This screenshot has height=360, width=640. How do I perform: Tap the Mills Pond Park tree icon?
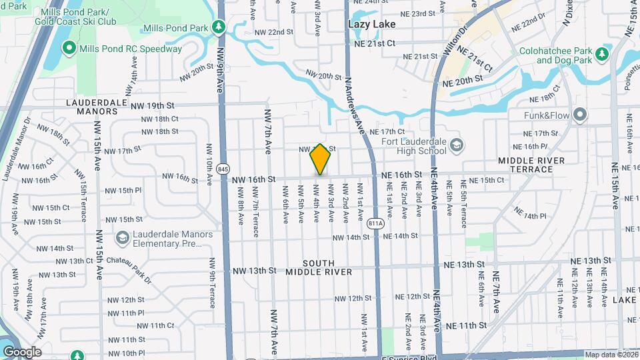pyautogui.click(x=217, y=27)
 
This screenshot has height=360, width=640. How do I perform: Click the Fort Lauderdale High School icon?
pyautogui.click(x=457, y=145)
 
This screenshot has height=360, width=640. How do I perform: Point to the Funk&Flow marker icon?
pyautogui.click(x=580, y=115)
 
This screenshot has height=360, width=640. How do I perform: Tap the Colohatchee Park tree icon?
pyautogui.click(x=602, y=53)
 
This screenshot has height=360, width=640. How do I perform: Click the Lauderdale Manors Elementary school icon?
pyautogui.click(x=122, y=238)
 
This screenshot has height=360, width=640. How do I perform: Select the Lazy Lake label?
pyautogui.click(x=372, y=24)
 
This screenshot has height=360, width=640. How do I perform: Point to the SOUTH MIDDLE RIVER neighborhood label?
pyautogui.click(x=319, y=267)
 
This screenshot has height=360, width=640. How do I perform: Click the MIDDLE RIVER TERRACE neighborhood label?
pyautogui.click(x=531, y=165)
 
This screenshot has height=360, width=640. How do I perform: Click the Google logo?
pyautogui.click(x=22, y=352)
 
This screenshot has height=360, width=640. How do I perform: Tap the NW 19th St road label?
pyautogui.click(x=152, y=105)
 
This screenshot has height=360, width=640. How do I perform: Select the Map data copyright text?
pyautogui.click(x=611, y=355)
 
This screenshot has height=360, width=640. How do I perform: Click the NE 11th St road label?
pyautogui.click(x=467, y=325)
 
